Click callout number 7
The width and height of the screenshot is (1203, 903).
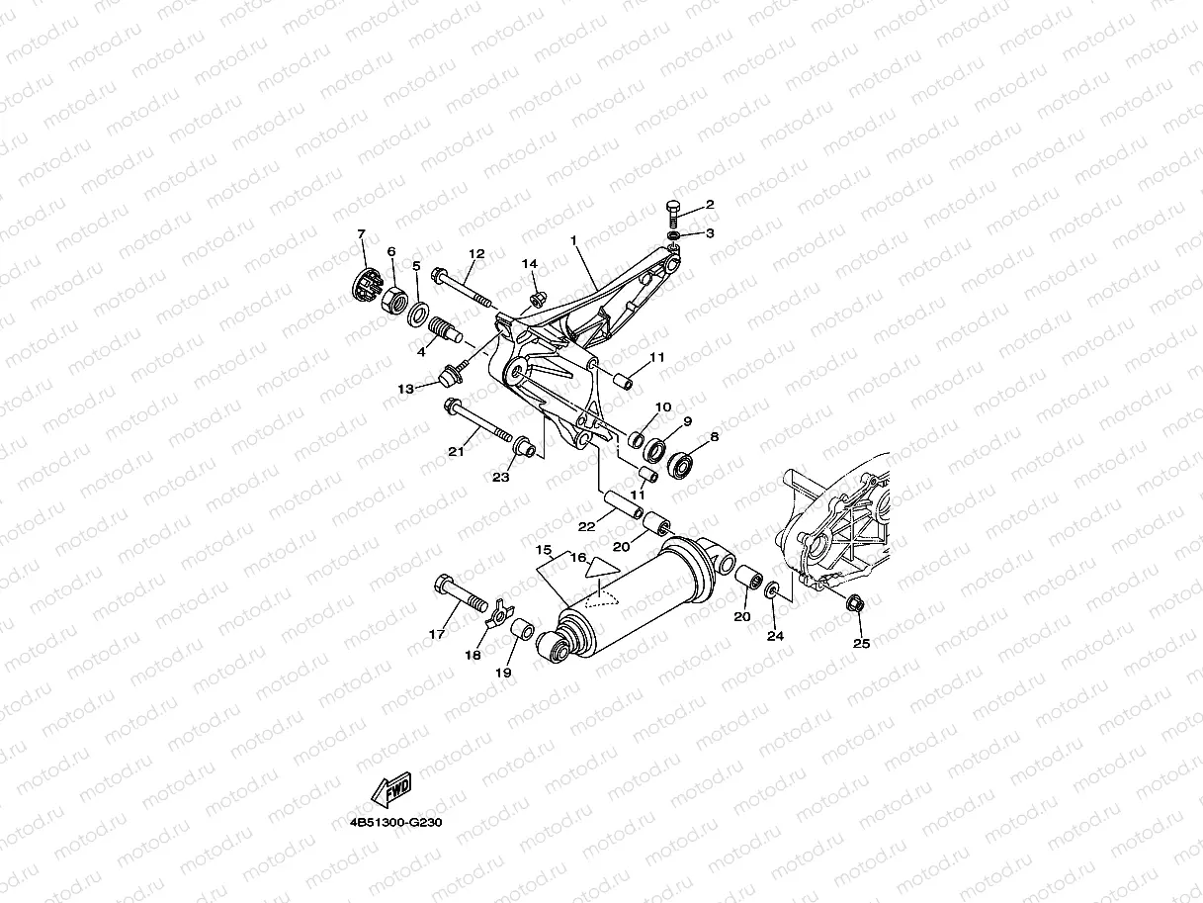361,234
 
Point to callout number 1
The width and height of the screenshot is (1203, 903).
573,240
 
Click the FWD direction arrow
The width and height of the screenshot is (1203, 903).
391,789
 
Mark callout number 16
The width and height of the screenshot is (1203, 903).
577,558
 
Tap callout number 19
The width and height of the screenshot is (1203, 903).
503,673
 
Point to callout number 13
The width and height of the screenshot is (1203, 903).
406,389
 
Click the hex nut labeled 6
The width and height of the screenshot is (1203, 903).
391,292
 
